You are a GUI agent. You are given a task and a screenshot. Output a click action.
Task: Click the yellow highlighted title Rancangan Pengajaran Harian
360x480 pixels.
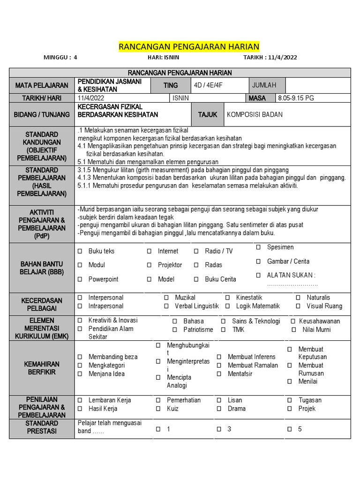[188, 46]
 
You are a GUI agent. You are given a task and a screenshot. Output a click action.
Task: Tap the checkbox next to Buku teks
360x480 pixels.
[80, 251]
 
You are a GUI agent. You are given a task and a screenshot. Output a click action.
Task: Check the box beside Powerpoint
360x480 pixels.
[80, 279]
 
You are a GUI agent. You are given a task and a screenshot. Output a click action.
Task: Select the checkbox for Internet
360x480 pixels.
[149, 251]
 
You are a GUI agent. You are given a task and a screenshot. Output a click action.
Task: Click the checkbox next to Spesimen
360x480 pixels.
[258, 247]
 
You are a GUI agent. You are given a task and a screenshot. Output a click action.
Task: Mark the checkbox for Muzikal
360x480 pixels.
[166, 298]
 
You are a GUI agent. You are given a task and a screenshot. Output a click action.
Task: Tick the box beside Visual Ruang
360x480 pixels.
[298, 306]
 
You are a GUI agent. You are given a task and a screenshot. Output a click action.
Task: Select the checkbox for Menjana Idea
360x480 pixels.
[80, 374]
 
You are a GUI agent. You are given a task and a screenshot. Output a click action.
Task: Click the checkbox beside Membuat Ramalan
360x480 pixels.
[219, 365]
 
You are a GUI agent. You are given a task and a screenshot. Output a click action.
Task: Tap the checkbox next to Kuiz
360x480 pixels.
[158, 409]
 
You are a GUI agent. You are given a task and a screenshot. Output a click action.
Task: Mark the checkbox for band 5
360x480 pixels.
[290, 429]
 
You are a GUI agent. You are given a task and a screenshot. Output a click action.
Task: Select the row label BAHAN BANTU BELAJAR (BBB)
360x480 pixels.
[42, 268]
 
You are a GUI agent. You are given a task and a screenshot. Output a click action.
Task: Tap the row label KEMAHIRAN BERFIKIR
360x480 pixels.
[42, 368]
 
